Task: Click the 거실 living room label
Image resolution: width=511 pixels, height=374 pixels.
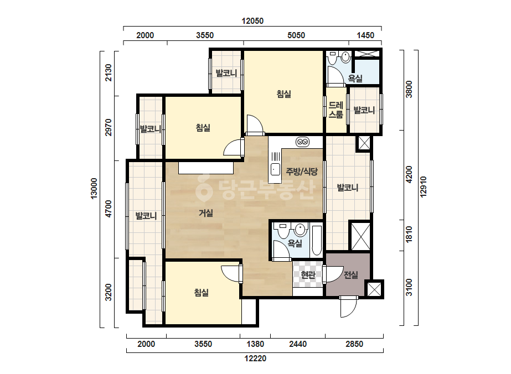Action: pyautogui.click(x=206, y=213)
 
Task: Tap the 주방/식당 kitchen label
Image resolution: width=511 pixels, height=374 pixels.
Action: pyautogui.click(x=302, y=172)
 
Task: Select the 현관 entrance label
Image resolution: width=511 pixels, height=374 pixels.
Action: pyautogui.click(x=308, y=275)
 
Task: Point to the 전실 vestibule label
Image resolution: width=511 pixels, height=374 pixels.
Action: pyautogui.click(x=351, y=275)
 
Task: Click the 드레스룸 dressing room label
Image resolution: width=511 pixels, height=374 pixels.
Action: pyautogui.click(x=335, y=110)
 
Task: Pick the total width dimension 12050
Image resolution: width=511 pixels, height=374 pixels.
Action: pyautogui.click(x=252, y=21)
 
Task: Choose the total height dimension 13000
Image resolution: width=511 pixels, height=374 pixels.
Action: pyautogui.click(x=94, y=188)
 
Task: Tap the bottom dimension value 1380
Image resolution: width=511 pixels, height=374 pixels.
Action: pyautogui.click(x=255, y=344)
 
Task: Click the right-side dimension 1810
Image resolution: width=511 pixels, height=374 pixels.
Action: pyautogui.click(x=409, y=234)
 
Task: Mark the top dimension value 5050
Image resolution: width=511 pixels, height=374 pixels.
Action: pyautogui.click(x=296, y=35)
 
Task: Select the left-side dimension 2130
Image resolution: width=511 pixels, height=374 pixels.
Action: pyautogui.click(x=108, y=73)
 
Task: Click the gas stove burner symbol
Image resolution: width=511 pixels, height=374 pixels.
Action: pyautogui.click(x=303, y=142)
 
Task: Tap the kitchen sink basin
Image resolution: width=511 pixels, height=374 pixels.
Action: pyautogui.click(x=275, y=169)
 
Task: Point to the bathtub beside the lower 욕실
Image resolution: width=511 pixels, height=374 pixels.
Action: pyautogui.click(x=317, y=241)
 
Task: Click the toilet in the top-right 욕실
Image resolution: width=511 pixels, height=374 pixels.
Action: pyautogui.click(x=333, y=58)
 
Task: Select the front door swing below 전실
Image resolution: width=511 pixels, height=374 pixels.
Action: pyautogui.click(x=349, y=307)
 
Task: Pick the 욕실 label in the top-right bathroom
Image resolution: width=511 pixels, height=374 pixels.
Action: pyautogui.click(x=355, y=78)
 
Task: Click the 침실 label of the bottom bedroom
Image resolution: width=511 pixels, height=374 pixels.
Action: pyautogui.click(x=202, y=293)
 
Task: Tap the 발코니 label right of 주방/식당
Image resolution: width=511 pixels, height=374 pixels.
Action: pyautogui.click(x=347, y=188)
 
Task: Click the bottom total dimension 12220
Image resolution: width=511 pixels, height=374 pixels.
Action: pyautogui.click(x=256, y=359)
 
